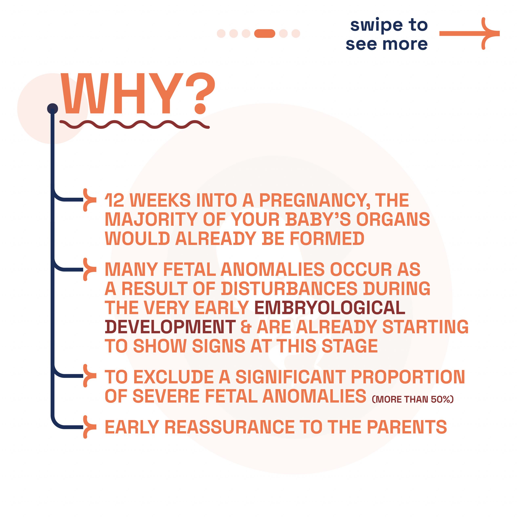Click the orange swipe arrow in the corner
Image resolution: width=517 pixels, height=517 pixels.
click(469, 34)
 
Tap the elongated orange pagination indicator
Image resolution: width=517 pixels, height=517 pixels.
click(265, 34)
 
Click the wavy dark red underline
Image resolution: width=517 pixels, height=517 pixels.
click(135, 124)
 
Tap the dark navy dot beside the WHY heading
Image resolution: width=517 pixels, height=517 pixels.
click(53, 109)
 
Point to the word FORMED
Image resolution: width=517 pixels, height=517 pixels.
click(327, 239)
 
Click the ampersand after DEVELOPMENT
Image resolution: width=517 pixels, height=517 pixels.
click(246, 327)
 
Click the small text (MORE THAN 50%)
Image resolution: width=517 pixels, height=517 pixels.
click(413, 399)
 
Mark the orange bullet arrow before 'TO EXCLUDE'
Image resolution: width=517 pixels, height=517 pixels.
click(89, 375)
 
